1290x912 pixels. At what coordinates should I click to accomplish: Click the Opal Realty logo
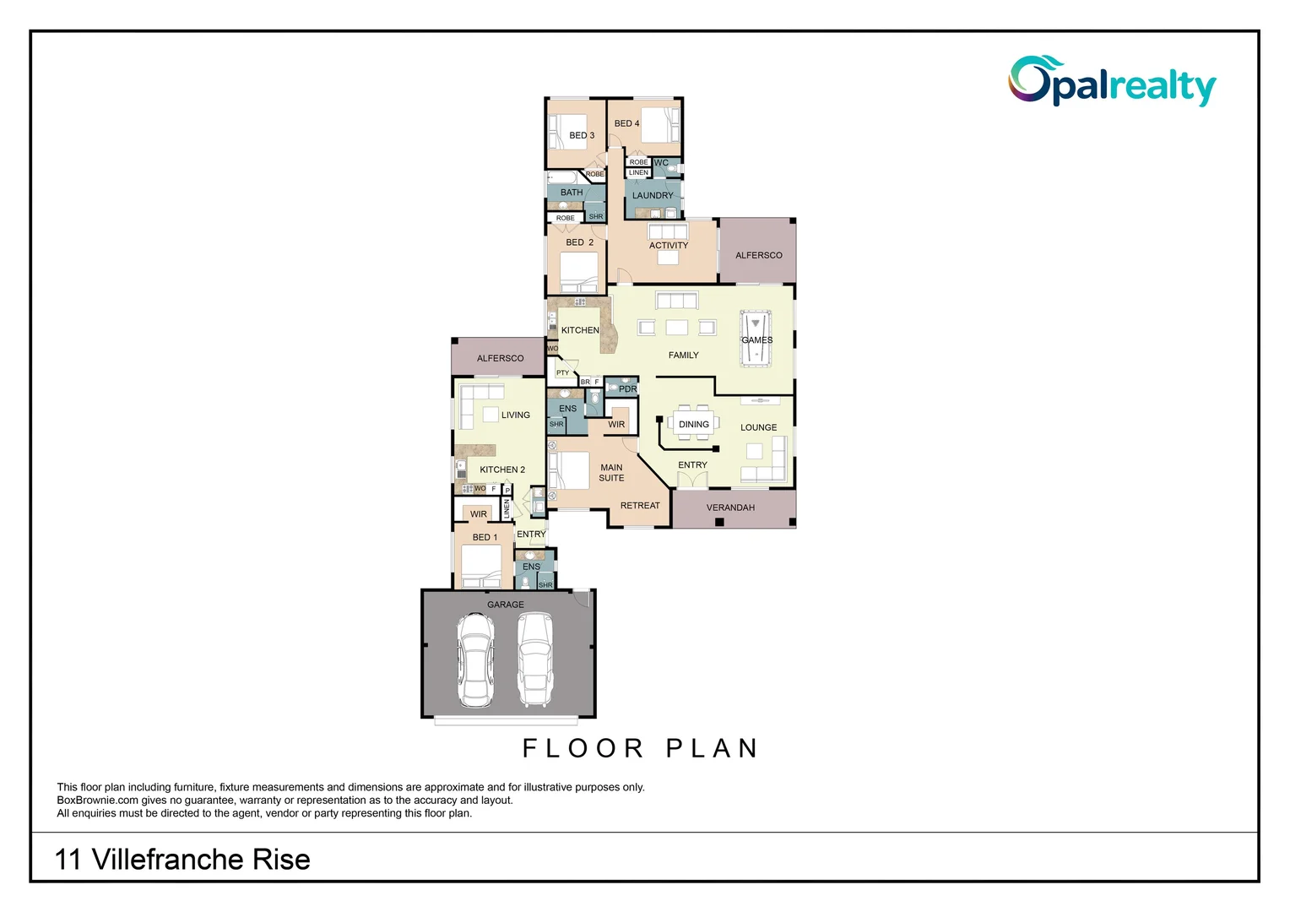pos(1111,82)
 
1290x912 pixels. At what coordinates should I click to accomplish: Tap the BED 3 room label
pos(581,135)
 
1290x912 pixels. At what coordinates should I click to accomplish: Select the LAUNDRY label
pos(653,195)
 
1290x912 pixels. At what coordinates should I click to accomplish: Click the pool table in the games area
pos(755,339)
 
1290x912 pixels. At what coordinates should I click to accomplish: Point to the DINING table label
pos(693,425)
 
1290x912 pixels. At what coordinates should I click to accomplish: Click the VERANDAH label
pos(730,508)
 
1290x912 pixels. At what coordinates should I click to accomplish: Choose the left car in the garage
pos(474,660)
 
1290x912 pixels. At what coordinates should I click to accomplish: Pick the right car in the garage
pos(535,660)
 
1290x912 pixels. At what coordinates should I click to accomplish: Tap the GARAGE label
pos(505,605)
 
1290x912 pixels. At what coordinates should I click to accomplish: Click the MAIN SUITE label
pos(611,473)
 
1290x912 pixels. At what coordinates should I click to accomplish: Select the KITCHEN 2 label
pos(502,470)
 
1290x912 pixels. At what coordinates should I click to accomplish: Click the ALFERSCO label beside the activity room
pos(758,255)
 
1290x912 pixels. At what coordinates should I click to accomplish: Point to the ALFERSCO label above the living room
pos(500,358)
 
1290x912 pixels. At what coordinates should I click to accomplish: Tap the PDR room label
pos(627,389)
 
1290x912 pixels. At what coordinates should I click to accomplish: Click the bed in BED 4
pos(660,126)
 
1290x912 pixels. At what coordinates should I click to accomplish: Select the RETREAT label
pos(640,506)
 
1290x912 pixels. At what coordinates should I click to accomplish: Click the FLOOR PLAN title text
pos(641,748)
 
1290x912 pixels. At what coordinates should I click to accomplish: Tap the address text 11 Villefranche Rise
pos(182,860)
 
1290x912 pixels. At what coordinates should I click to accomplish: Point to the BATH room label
pos(572,193)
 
